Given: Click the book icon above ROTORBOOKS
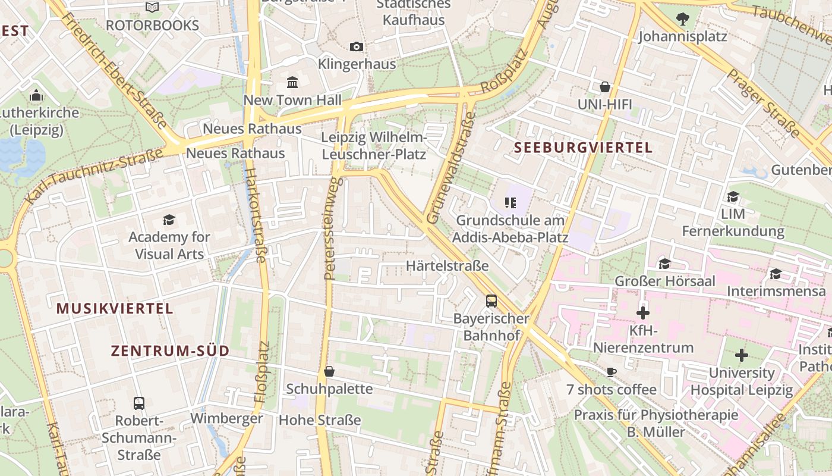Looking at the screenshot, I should pos(152,7).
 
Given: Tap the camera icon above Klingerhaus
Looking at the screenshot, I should pos(357,46).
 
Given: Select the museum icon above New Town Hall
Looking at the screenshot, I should pos(292,82).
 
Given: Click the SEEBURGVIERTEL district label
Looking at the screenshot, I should pos(583,148).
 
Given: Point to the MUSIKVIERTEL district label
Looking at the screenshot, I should pos(115,308).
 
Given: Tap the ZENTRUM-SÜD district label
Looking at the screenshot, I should pos(170,351).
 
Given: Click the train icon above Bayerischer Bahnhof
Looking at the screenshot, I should pos(491,300).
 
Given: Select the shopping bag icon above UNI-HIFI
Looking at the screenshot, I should pos(605,87).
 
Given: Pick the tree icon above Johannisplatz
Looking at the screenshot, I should pos(682,19).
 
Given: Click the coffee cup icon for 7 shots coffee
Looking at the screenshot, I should pos(611,372).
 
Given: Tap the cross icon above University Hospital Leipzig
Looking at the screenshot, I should pos(742,355).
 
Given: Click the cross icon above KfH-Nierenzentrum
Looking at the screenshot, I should pos(643,312).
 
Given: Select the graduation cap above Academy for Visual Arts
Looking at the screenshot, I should pos(169,220).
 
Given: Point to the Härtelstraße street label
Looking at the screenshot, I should pos(447,265).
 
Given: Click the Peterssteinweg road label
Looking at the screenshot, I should pos(331,229).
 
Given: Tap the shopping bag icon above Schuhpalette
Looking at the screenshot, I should pos(329,371).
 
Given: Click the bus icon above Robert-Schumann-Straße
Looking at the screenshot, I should pos(139,403).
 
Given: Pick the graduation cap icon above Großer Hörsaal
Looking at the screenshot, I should pos(664,263).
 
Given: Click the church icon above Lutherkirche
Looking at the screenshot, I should pos(36,95).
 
